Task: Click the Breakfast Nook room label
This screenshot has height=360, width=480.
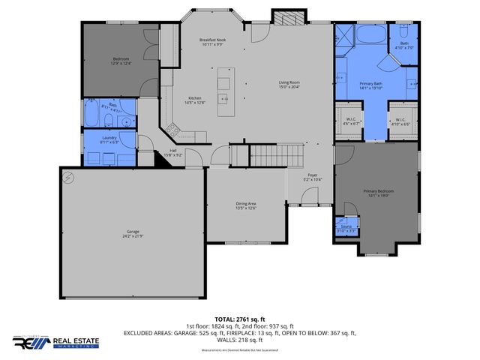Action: (x=213, y=42)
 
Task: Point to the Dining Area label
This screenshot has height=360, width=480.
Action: (x=246, y=205)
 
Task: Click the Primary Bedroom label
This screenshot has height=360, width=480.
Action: (x=379, y=193)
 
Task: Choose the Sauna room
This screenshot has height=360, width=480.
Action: (x=346, y=228)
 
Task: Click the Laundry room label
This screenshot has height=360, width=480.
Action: (x=109, y=140)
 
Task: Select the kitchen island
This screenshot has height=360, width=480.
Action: (x=226, y=91)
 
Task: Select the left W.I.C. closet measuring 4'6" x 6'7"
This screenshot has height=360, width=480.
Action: (x=349, y=122)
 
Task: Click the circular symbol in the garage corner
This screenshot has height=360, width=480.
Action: (x=69, y=178)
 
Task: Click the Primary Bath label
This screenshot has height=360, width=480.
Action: (x=371, y=85)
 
